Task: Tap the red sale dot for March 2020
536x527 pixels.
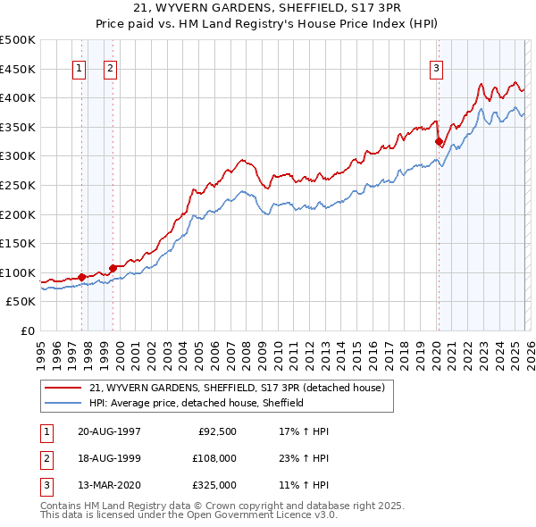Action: (439, 141)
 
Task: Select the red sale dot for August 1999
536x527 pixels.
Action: (113, 267)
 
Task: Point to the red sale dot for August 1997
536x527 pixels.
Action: (81, 277)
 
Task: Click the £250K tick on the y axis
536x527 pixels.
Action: (18, 185)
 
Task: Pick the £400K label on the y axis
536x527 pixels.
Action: (18, 97)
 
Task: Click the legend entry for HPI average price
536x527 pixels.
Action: (197, 403)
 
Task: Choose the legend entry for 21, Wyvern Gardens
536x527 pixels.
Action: (237, 388)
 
